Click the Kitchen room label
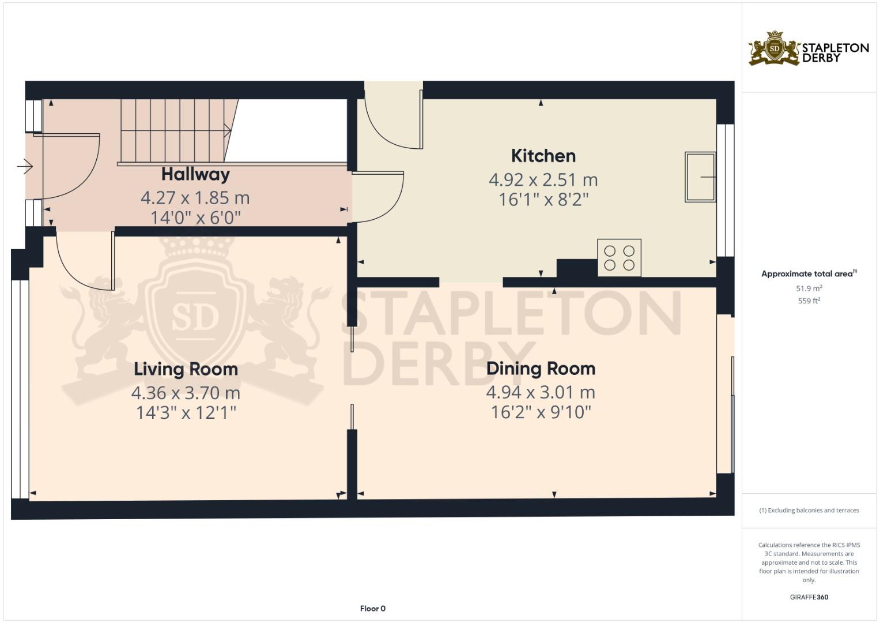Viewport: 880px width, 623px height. (x=543, y=156)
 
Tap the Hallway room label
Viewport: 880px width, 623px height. (x=195, y=175)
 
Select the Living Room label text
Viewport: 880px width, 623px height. (x=186, y=369)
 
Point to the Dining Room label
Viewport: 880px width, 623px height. (x=541, y=369)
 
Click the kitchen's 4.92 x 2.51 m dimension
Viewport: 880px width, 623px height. (x=543, y=180)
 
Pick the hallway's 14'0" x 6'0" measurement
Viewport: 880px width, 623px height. (x=195, y=217)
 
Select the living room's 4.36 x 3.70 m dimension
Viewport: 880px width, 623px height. (x=186, y=393)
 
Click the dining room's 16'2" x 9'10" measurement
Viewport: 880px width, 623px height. (x=541, y=412)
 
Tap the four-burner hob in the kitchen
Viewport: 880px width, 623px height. (x=619, y=258)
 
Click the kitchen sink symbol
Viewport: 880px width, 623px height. (x=700, y=177)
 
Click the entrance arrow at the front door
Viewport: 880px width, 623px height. (x=24, y=166)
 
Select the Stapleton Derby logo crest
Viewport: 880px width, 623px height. (x=774, y=48)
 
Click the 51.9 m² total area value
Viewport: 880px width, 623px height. (x=809, y=288)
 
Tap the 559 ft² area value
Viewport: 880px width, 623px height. (x=809, y=301)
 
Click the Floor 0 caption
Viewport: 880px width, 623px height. (x=373, y=609)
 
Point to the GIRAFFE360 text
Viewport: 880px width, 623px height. (x=809, y=597)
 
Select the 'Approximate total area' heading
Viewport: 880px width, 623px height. (x=809, y=274)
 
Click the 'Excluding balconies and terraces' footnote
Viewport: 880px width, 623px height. (x=809, y=511)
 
